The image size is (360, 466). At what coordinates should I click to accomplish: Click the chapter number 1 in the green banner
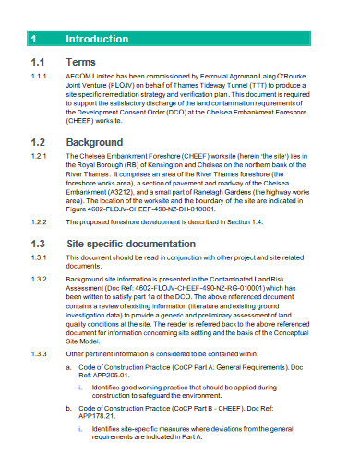point(33,40)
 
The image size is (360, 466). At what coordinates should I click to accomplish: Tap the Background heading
point(94,143)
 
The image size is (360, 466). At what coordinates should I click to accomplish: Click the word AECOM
point(81,77)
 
